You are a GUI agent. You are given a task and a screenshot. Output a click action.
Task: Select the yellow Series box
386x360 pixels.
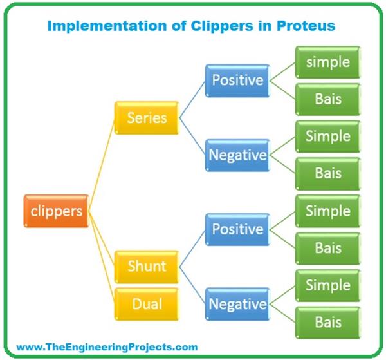coord(147,118)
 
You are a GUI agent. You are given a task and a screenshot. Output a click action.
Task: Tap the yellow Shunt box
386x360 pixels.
coord(147,267)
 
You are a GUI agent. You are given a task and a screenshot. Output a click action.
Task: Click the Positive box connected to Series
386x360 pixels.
coord(237,81)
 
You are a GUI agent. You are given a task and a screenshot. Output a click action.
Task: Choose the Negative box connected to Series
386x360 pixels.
coord(237,155)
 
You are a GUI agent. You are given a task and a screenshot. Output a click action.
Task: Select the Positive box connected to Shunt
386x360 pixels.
coord(237,229)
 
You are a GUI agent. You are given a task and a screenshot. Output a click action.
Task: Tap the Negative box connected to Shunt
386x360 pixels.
coord(237,303)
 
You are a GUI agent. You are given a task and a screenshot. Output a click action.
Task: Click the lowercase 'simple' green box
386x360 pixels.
coord(328,62)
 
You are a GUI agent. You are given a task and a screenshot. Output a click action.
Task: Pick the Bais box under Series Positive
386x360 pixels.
coord(328,99)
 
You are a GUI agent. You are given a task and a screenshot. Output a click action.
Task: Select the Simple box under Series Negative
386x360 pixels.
coord(328,137)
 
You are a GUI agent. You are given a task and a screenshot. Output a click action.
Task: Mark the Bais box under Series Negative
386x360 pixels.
coord(328,173)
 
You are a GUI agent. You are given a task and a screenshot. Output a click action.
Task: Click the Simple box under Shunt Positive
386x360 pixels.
coord(328,211)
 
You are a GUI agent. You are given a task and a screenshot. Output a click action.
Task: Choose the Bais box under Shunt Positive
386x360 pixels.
coord(328,248)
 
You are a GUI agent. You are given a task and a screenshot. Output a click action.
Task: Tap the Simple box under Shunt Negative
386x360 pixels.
coord(328,285)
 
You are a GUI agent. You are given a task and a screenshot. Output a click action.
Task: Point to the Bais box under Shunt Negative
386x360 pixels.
coord(328,322)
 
